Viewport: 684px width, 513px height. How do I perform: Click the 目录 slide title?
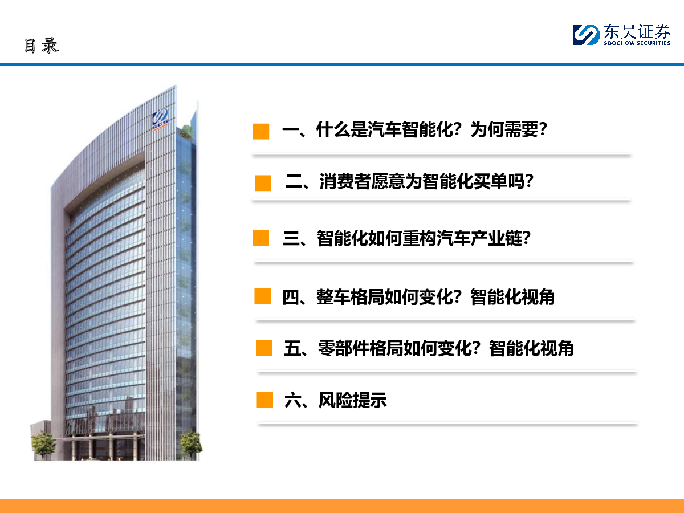click(x=42, y=46)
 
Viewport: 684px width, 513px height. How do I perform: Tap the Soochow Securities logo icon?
click(x=586, y=35)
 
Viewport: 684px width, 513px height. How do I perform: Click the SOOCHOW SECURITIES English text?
click(x=637, y=43)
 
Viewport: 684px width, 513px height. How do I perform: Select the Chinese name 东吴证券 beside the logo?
click(x=637, y=31)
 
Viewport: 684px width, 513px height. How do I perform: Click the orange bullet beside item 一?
click(x=261, y=131)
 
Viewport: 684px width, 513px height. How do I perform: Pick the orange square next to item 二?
click(x=263, y=183)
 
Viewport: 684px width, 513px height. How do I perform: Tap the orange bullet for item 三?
click(x=261, y=238)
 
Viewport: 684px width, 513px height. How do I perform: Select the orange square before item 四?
click(x=262, y=296)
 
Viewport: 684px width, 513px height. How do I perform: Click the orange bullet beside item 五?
click(x=264, y=348)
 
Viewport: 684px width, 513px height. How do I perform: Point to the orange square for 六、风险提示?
click(x=264, y=400)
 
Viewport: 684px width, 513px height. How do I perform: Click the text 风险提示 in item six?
click(x=352, y=400)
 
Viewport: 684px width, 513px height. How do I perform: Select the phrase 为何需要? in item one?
click(x=508, y=129)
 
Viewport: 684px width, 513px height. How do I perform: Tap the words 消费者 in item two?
click(x=345, y=181)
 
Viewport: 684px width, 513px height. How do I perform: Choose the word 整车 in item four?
click(x=333, y=296)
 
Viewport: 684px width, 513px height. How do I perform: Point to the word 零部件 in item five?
click(x=344, y=348)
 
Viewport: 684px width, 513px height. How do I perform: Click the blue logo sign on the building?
click(x=160, y=119)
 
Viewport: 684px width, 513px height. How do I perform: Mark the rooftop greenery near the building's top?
click(x=186, y=131)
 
